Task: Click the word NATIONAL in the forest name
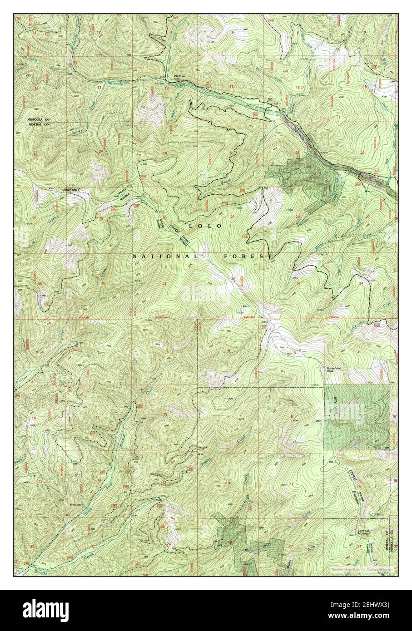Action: [165, 256]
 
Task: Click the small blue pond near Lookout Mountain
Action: [373, 514]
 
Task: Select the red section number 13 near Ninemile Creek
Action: [99, 88]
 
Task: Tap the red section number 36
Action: [103, 284]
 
